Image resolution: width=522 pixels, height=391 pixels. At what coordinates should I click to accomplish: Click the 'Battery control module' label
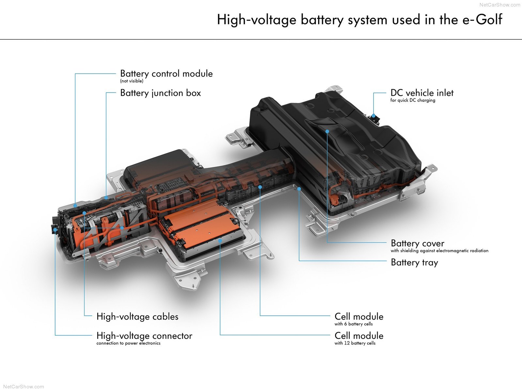point(166,74)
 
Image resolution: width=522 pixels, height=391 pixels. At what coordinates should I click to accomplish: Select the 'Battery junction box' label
point(161,93)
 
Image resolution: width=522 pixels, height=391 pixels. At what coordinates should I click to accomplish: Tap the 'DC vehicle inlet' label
point(422,93)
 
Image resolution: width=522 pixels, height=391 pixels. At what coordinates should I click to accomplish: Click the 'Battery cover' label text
point(417,243)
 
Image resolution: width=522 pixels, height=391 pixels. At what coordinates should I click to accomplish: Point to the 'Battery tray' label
point(414,262)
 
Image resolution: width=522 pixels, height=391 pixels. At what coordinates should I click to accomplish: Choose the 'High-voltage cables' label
point(137,316)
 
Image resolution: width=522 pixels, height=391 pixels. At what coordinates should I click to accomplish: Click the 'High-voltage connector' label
point(144,336)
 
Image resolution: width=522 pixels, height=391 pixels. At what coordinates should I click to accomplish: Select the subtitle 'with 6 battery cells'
point(353,324)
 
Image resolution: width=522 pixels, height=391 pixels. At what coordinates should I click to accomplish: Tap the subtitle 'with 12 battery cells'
point(355,343)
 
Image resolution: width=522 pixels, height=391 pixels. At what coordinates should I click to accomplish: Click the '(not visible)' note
point(131,81)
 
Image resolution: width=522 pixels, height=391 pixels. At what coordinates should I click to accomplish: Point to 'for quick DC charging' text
point(413,100)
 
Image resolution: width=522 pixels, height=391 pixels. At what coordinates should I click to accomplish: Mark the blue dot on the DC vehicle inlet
point(373,116)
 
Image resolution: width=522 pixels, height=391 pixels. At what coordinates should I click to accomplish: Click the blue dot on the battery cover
point(327,131)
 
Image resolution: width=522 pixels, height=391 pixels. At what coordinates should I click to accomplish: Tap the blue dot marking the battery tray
point(299,189)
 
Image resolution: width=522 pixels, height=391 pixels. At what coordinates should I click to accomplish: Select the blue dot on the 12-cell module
point(220,241)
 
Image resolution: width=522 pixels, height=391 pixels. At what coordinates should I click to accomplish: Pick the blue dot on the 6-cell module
point(260,187)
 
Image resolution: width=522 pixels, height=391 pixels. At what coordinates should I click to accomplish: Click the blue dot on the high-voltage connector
point(55,229)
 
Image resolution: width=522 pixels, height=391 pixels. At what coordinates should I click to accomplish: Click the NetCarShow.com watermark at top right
point(499,5)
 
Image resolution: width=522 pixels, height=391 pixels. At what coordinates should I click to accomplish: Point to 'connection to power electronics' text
point(128,343)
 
